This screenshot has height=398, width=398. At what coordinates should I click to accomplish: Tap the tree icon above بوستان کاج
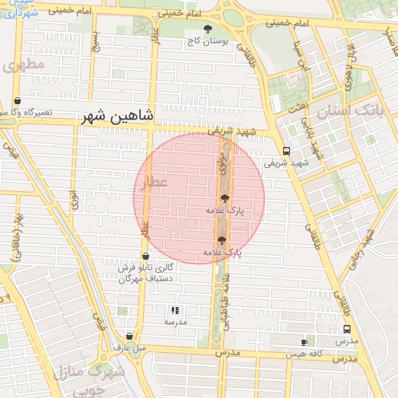tap(207, 29)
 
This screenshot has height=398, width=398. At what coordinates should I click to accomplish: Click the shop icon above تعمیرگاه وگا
tap(17, 101)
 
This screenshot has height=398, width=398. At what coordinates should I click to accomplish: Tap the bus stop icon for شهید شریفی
tap(287, 152)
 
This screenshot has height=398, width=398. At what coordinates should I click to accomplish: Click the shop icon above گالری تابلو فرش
tap(145, 256)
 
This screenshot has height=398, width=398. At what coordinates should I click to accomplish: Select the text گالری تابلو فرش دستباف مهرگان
tap(145, 273)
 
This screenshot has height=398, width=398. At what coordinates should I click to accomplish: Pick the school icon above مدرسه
tap(175, 310)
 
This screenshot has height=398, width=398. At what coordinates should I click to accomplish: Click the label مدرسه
tap(175, 321)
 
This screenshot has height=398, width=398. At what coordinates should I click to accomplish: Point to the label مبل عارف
tap(129, 347)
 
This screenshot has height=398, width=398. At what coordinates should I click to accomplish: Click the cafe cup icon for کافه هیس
tap(304, 342)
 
